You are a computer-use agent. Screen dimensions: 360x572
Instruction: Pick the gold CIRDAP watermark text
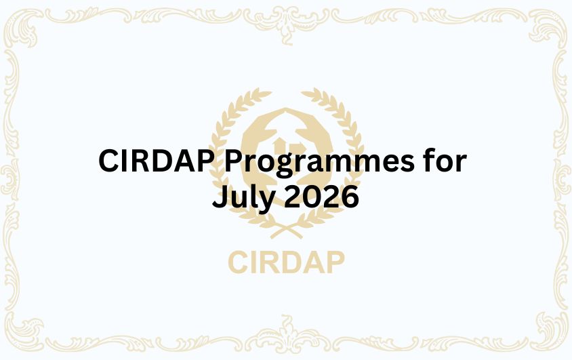tap(286, 262)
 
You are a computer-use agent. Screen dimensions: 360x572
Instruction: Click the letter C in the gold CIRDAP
tap(238, 262)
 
